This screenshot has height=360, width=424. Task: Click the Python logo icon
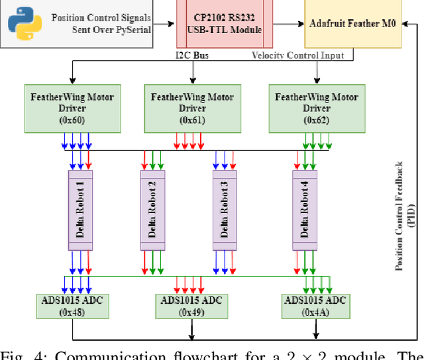[x=24, y=22]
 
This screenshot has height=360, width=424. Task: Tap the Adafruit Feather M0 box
[x=352, y=23]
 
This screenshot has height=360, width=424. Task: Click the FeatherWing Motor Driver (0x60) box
[x=72, y=108]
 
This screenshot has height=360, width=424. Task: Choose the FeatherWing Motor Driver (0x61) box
[x=192, y=108]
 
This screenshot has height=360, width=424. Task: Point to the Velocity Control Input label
[x=297, y=56]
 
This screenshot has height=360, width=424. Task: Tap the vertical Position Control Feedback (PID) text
[x=403, y=215]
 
